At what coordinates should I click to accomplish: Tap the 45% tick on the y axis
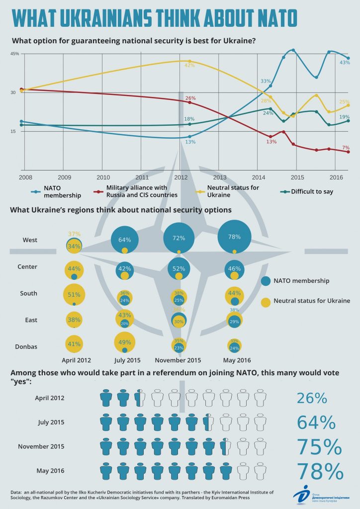(14, 54)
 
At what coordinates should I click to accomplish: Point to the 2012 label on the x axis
(181, 177)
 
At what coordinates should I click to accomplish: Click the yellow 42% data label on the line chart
(189, 65)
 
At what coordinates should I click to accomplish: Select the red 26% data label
(190, 98)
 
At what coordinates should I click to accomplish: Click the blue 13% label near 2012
(190, 142)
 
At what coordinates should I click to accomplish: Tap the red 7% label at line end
(346, 148)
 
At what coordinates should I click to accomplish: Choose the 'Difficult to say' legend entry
(311, 191)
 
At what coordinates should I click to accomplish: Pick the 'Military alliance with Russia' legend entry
(137, 191)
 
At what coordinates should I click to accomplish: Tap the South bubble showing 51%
(74, 294)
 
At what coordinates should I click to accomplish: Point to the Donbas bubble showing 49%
(124, 342)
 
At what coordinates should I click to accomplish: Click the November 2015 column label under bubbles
(179, 360)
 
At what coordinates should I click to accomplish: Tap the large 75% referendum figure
(320, 446)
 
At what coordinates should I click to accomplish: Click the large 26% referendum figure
(312, 398)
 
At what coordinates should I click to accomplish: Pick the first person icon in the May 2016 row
(106, 470)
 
